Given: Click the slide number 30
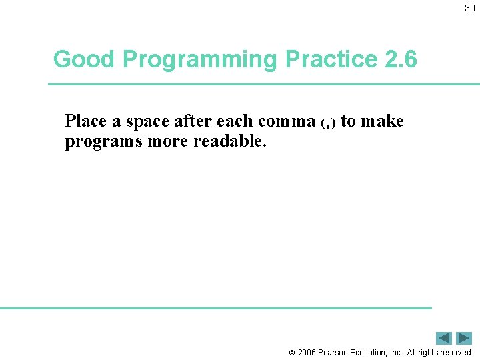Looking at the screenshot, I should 470,9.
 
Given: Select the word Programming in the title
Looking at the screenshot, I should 201,60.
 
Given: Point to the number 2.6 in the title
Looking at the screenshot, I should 401,60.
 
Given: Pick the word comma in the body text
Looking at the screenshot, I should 286,121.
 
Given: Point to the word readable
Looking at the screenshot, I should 229,142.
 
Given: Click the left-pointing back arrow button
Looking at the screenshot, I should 444,338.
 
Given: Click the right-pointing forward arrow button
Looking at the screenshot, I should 464,338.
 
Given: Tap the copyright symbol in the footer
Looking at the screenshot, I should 291,353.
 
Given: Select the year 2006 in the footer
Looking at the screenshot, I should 307,353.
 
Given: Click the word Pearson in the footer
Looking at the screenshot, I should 333,353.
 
